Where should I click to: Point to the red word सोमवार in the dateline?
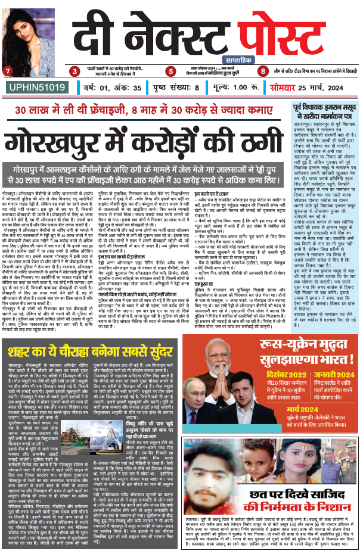[x=280, y=88]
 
